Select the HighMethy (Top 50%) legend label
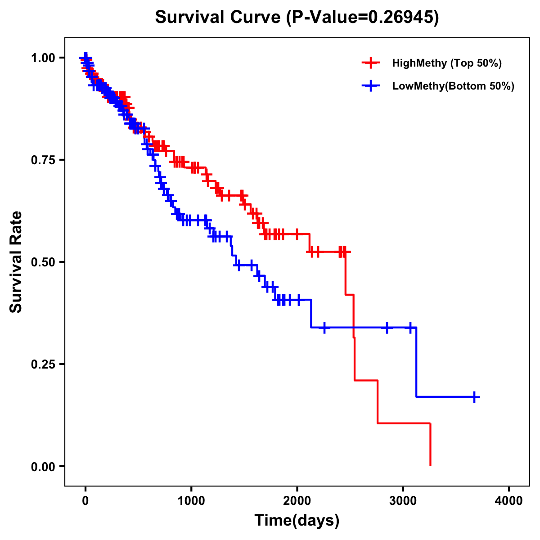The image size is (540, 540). [x=447, y=63]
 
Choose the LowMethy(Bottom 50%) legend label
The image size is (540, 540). [x=453, y=86]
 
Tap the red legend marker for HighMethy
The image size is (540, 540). [x=371, y=63]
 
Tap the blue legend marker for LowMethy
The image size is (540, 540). [x=371, y=86]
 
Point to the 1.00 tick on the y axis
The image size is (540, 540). [x=43, y=58]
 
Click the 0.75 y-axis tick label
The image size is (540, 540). [x=43, y=160]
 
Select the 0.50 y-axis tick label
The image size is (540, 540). [x=43, y=262]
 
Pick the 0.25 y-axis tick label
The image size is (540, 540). [x=43, y=364]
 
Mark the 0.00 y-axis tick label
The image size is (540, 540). [x=43, y=466]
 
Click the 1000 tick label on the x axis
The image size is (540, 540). [x=191, y=500]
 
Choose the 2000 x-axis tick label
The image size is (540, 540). [x=297, y=500]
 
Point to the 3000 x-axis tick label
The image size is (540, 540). [x=403, y=500]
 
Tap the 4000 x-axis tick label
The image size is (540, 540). [x=509, y=500]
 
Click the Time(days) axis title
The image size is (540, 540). [x=297, y=521]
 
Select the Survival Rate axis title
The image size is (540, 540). [x=16, y=262]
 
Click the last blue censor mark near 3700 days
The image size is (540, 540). [x=474, y=397]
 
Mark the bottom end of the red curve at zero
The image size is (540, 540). [x=431, y=465]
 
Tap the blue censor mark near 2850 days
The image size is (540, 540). [x=387, y=328]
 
